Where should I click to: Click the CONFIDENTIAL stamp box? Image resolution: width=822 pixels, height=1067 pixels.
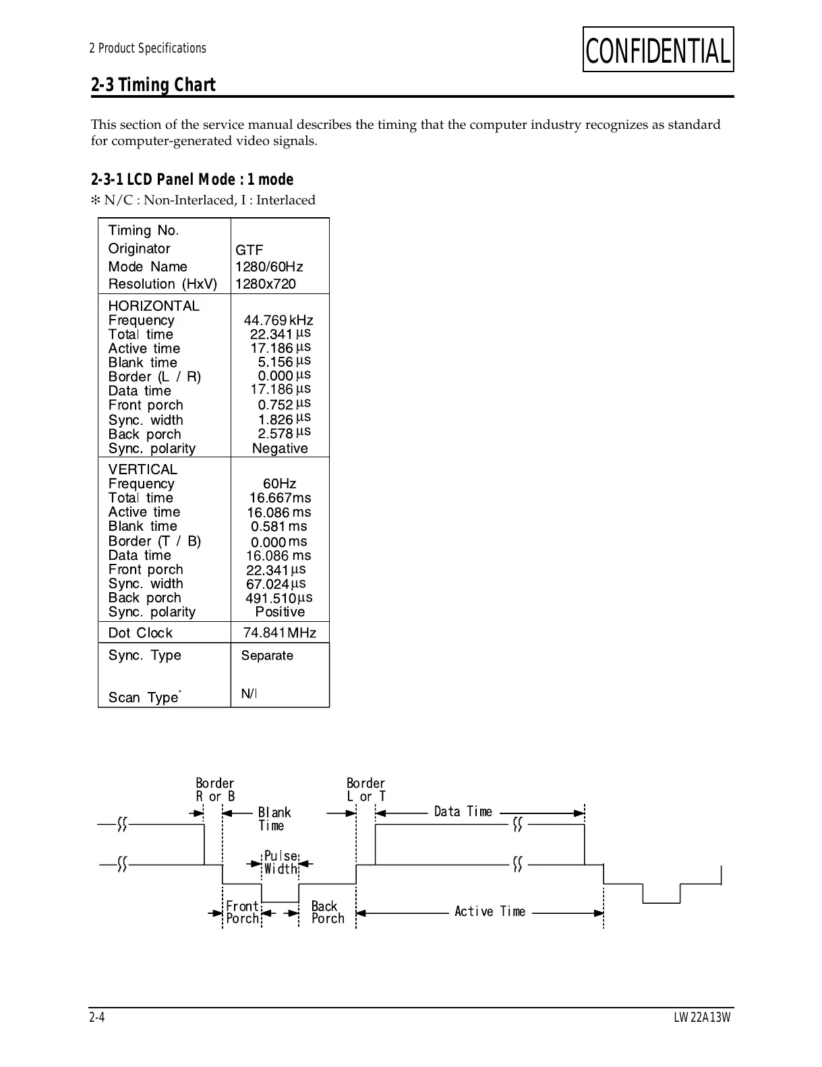click(657, 50)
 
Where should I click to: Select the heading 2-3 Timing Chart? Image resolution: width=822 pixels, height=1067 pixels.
click(153, 85)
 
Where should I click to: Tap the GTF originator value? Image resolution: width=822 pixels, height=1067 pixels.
click(249, 250)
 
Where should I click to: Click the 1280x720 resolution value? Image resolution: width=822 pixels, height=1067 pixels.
click(265, 284)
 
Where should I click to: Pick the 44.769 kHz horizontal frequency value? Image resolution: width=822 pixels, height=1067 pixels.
click(278, 320)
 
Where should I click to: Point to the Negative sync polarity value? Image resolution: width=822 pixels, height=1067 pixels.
click(280, 449)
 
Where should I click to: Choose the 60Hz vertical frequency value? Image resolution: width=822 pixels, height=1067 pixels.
click(279, 484)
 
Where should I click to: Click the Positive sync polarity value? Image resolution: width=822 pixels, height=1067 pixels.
click(280, 612)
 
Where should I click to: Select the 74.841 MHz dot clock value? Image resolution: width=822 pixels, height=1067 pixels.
click(279, 633)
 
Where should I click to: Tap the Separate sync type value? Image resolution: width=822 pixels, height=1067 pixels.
click(267, 656)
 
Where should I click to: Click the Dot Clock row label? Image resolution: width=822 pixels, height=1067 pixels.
click(140, 633)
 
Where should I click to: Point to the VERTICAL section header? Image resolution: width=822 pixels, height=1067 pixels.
click(142, 469)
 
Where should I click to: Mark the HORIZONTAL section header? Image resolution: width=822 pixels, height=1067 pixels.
click(154, 306)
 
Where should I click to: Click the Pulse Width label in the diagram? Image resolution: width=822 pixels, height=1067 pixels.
click(281, 863)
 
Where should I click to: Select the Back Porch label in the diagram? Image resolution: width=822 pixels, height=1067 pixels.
click(327, 913)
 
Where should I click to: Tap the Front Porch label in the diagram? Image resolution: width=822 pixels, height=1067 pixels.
click(242, 913)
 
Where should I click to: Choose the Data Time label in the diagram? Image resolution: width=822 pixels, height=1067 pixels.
click(463, 811)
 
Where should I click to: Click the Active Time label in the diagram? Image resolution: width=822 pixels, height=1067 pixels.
click(490, 912)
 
